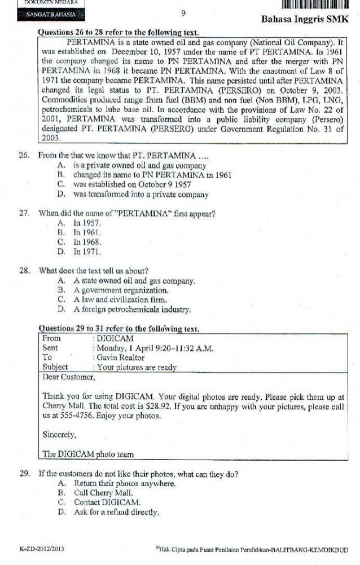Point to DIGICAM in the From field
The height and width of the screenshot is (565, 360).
(x=115, y=338)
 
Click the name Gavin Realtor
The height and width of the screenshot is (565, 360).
(x=120, y=357)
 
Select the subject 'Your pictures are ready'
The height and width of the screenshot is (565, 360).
(x=137, y=367)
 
